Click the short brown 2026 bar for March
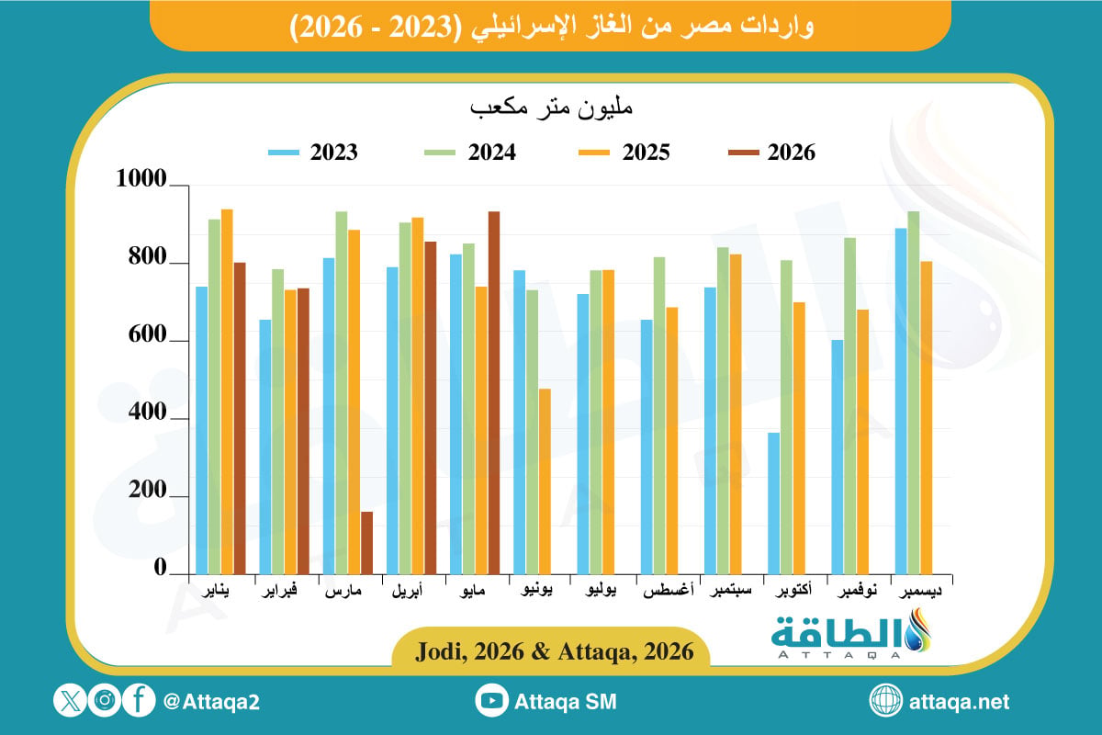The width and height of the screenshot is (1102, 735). pyautogui.click(x=366, y=542)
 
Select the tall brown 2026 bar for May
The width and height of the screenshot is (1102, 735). pyautogui.click(x=494, y=393)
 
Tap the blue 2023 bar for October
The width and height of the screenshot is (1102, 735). pyautogui.click(x=773, y=503)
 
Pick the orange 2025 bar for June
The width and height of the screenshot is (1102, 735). pyautogui.click(x=545, y=481)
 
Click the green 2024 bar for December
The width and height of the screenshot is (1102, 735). pyautogui.click(x=914, y=393)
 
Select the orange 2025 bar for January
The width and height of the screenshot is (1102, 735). pyautogui.click(x=227, y=392)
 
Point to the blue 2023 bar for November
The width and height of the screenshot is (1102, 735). pyautogui.click(x=837, y=457)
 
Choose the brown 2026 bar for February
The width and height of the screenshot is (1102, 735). pyautogui.click(x=303, y=431)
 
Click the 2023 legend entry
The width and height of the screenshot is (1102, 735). pyautogui.click(x=313, y=153)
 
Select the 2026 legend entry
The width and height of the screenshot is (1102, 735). pyautogui.click(x=771, y=153)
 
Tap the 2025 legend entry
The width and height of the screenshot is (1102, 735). pyautogui.click(x=624, y=153)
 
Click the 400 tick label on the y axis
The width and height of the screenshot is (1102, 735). pyautogui.click(x=147, y=412)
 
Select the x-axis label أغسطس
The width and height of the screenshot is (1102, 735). pyautogui.click(x=669, y=590)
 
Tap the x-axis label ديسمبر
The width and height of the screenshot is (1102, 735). pyautogui.click(x=920, y=591)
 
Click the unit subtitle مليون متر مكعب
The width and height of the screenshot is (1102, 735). pyautogui.click(x=551, y=107)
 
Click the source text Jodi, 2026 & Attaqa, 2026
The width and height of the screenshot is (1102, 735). pyautogui.click(x=555, y=651)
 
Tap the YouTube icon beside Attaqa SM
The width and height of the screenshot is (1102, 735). pyautogui.click(x=491, y=700)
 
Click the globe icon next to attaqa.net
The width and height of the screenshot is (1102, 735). pyautogui.click(x=885, y=700)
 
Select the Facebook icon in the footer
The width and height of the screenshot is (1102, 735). pyautogui.click(x=139, y=700)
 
